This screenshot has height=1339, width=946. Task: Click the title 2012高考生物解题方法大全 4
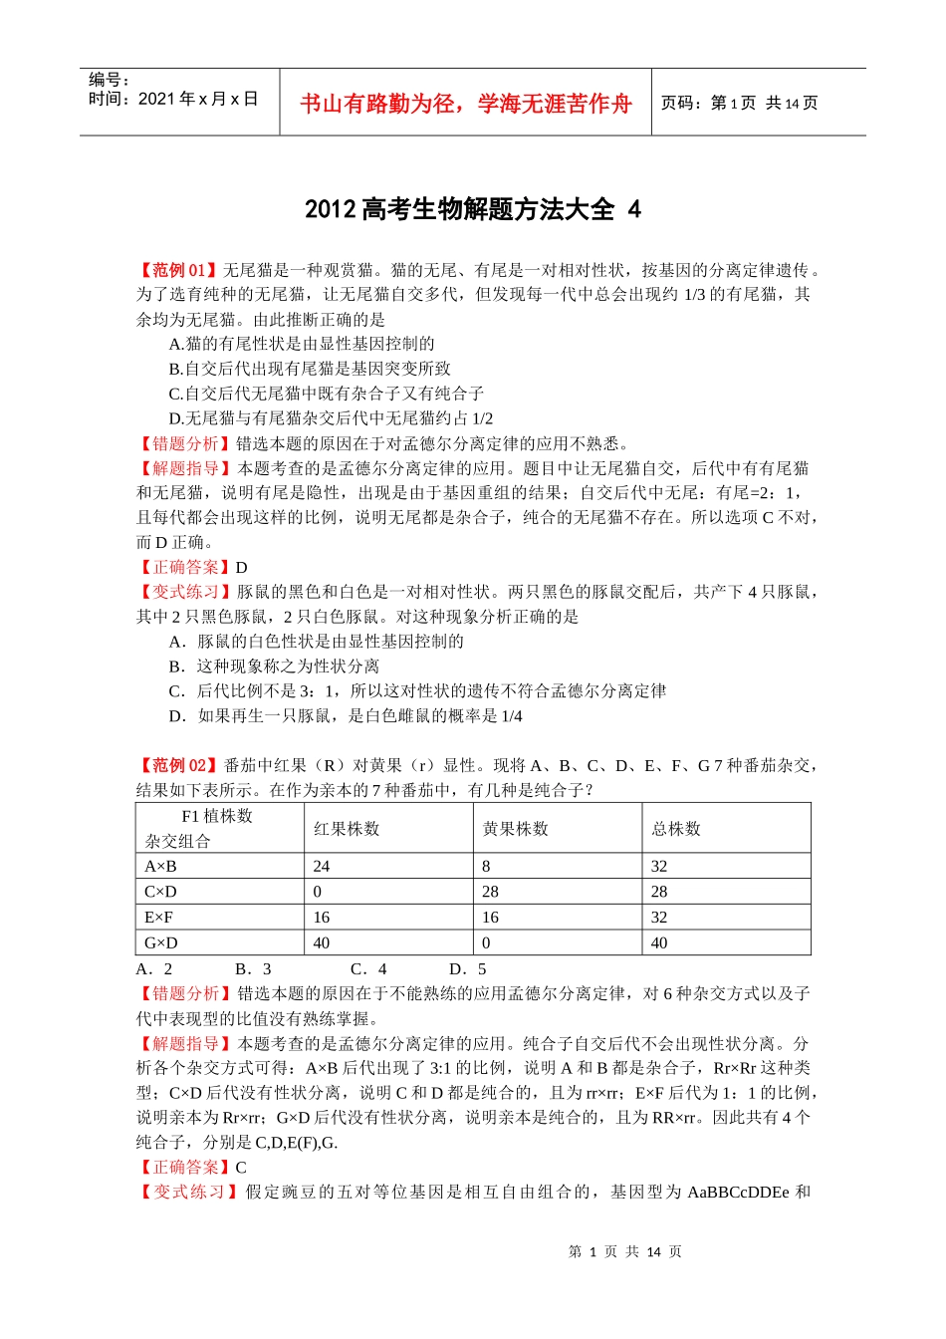[472, 209]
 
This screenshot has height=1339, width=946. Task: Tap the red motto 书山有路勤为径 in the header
[465, 104]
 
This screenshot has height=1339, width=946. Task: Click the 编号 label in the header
[109, 80]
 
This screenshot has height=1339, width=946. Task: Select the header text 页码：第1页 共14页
[739, 104]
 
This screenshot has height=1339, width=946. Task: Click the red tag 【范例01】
[177, 270]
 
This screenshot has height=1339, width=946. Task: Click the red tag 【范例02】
[177, 765]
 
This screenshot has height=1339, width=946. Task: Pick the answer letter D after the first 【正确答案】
[241, 567]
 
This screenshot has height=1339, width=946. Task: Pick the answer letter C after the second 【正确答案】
[241, 1167]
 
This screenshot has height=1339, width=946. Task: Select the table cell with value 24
[322, 867]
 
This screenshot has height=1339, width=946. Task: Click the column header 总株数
[676, 829]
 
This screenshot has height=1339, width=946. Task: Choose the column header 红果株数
[347, 829]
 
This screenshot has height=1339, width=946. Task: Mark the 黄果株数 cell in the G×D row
[486, 942]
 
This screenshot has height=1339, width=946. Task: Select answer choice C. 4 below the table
[368, 968]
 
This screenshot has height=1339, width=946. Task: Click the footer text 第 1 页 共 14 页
[624, 1251]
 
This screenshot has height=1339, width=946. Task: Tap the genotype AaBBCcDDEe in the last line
[738, 1192]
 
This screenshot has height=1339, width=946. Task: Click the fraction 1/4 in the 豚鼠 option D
[511, 715]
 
